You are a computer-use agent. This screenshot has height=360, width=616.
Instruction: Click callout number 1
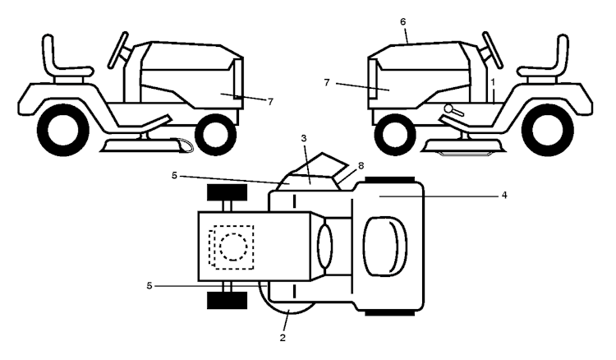pyautogui.click(x=493, y=82)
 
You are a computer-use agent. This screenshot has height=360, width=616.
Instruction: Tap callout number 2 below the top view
pyautogui.click(x=283, y=338)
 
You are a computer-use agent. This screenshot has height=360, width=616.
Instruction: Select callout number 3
pyautogui.click(x=304, y=138)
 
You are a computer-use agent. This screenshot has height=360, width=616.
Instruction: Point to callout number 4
pyautogui.click(x=504, y=195)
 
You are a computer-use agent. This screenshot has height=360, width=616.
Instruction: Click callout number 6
pyautogui.click(x=403, y=22)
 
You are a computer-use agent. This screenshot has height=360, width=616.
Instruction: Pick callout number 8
pyautogui.click(x=361, y=166)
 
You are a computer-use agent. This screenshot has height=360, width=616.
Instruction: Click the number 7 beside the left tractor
pyautogui.click(x=270, y=102)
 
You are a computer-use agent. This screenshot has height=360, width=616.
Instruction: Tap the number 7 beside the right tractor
pyautogui.click(x=326, y=83)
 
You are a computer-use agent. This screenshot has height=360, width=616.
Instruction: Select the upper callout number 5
pyautogui.click(x=174, y=175)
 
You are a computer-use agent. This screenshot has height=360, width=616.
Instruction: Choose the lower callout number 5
pyautogui.click(x=149, y=286)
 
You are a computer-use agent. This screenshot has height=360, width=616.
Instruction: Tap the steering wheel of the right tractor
pyautogui.click(x=493, y=49)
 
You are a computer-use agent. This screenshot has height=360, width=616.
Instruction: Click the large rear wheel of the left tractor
pyautogui.click(x=63, y=130)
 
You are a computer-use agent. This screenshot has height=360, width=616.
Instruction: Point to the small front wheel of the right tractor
pyautogui.click(x=395, y=135)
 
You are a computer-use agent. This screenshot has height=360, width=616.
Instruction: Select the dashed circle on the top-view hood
pyautogui.click(x=233, y=247)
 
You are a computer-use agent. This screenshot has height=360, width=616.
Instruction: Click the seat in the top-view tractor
pyautogui.click(x=385, y=247)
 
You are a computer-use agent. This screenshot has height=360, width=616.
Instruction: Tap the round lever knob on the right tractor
pyautogui.click(x=448, y=108)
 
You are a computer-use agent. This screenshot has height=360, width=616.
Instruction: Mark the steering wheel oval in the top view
pyautogui.click(x=325, y=247)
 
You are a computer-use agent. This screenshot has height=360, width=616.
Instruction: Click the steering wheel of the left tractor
pyautogui.click(x=118, y=49)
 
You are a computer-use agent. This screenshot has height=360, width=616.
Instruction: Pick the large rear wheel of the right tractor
pyautogui.click(x=548, y=130)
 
